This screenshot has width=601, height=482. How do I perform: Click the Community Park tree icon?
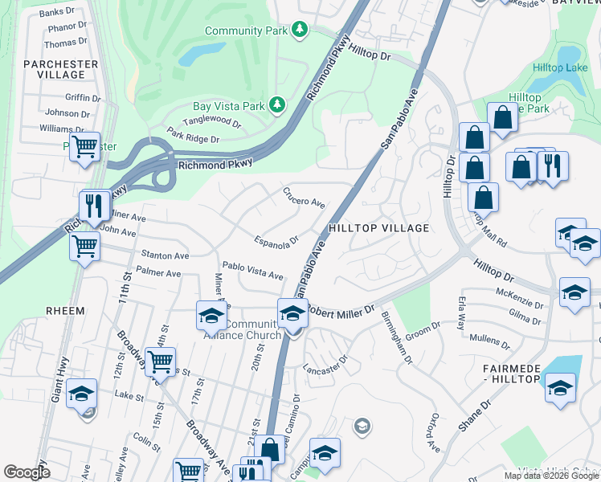click(300, 30)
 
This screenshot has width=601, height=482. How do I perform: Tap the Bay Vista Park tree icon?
click(277, 105)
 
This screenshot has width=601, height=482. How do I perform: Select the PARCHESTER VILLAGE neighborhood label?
click(61, 69)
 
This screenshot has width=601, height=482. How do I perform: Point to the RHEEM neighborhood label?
click(65, 310)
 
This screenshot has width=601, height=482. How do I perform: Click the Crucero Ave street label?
click(304, 198)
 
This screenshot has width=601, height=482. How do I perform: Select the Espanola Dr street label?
click(276, 240)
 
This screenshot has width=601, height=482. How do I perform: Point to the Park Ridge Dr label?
click(192, 138)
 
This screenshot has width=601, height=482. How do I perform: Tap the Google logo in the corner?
click(27, 472)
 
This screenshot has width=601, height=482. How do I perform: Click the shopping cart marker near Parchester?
click(84, 147)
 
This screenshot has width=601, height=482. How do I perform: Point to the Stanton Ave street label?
click(165, 255)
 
